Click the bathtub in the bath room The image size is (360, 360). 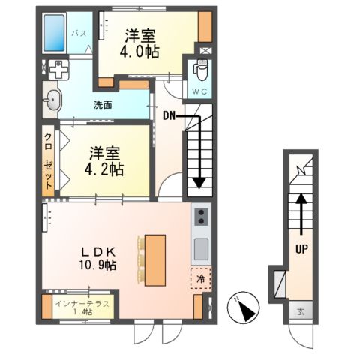54,32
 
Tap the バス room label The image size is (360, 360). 79,33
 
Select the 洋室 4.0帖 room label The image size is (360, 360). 139,43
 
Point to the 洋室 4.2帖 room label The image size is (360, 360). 104,161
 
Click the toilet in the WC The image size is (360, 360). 201,70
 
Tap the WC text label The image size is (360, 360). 199,91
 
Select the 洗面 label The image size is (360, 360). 103,105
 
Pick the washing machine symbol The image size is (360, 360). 58,70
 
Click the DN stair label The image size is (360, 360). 169,115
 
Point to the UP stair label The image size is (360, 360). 301,249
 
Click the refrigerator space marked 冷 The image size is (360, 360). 200,278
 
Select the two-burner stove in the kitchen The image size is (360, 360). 201,217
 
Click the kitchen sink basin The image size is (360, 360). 201,249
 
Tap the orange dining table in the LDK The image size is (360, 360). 155,260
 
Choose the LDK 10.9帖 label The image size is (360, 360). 98,259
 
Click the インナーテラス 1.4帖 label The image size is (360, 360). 82,307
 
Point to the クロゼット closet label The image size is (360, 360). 49,161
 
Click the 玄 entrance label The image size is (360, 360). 301,311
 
